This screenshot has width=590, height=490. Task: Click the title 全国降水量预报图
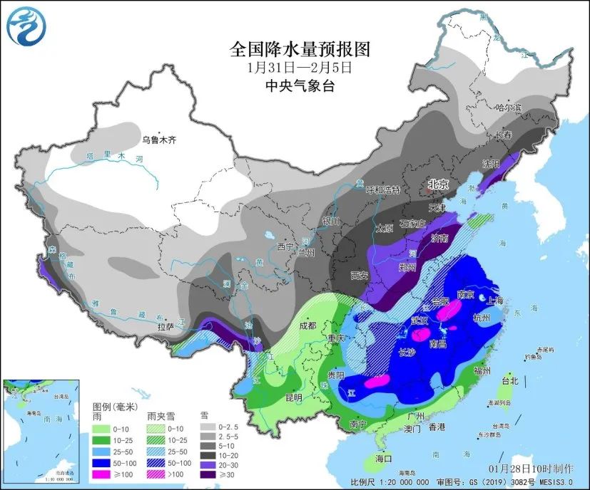point(300,49)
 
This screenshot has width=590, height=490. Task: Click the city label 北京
point(438,184)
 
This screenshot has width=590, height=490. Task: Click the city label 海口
point(385,459)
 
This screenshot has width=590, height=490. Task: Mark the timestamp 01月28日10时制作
point(531,468)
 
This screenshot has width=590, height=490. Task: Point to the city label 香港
point(437,427)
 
